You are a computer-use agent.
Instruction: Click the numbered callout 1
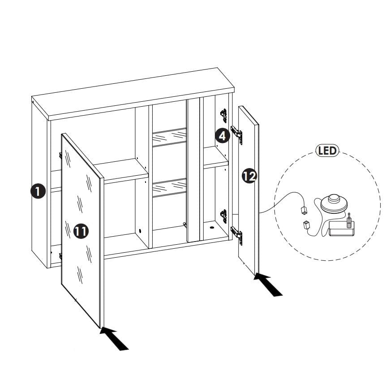click(x=38, y=191)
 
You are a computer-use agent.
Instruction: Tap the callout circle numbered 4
click(x=223, y=136)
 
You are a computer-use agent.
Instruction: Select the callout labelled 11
click(x=81, y=231)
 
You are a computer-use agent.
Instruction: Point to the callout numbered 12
click(x=249, y=176)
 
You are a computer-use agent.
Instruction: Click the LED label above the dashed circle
click(x=327, y=151)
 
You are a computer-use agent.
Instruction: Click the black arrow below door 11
click(x=114, y=339)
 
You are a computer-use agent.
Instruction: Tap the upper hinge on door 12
click(x=237, y=134)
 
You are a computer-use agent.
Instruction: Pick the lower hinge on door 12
click(x=237, y=235)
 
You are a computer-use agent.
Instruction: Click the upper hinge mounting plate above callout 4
click(x=223, y=116)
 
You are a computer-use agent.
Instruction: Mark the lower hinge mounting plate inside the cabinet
click(x=223, y=216)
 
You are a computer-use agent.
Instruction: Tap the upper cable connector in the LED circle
click(x=304, y=210)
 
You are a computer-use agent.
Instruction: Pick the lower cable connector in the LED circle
click(x=306, y=225)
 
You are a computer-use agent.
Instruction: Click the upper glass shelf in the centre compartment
click(x=169, y=138)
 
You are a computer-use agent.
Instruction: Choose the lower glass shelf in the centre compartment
click(x=169, y=188)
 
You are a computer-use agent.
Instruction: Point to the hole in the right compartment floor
click(x=212, y=228)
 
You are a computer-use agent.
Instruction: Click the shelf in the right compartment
click(x=216, y=158)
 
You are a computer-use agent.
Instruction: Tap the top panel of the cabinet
click(x=133, y=94)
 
